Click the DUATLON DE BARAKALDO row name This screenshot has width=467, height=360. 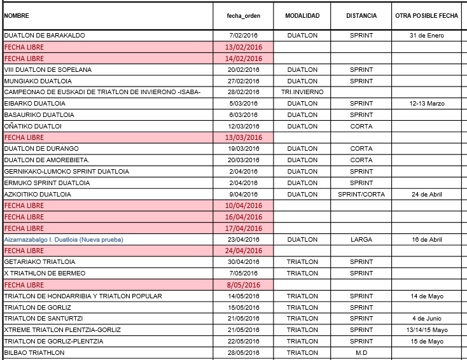(x=45, y=35)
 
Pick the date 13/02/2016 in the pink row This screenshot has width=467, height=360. (x=244, y=47)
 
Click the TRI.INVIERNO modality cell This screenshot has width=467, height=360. (x=302, y=92)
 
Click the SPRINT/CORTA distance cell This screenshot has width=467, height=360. (x=361, y=194)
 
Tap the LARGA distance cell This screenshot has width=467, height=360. (x=361, y=240)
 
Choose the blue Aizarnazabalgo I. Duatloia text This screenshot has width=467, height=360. (x=64, y=240)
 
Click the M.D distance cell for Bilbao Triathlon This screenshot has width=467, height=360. (x=361, y=352)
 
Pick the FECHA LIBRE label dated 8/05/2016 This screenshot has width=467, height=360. (x=24, y=285)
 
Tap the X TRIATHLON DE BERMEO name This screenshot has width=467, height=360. (x=45, y=273)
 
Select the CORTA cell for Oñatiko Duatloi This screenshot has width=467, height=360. (x=361, y=126)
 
